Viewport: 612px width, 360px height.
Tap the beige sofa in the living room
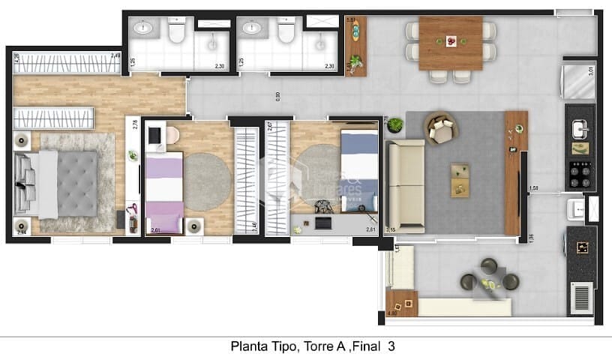coord(405,185)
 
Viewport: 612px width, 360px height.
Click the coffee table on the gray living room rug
coord(460,180)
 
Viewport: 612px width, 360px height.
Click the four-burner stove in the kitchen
coord(580,175)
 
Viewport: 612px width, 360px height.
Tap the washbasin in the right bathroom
coord(250,30)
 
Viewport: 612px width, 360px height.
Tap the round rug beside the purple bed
coord(208,177)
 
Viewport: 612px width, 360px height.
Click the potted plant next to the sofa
coord(394,126)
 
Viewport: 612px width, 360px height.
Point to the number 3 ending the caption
coord(391,346)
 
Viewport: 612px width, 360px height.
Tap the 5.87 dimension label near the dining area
coord(350,19)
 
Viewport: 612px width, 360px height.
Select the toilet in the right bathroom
coord(285,31)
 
